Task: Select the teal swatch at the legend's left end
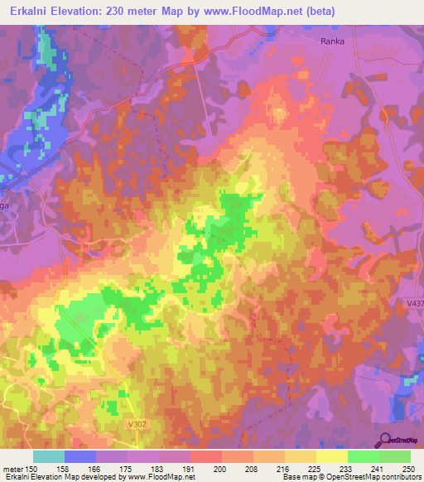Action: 49,456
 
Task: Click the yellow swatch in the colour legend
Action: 332,456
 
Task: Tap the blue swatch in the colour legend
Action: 80,456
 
